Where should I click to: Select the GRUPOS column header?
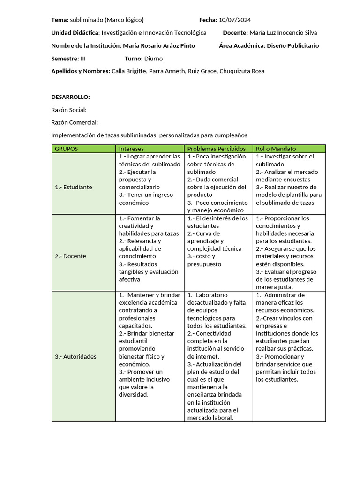[67, 149]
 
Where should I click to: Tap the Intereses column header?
[131, 149]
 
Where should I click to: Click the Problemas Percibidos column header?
[216, 149]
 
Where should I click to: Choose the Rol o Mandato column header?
[276, 149]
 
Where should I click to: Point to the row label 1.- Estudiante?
[74, 187]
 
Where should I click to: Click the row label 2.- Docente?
[71, 256]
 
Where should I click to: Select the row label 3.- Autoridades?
[75, 356]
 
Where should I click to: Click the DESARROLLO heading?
[70, 97]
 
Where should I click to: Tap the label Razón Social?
[69, 110]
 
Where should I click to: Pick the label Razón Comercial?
[75, 122]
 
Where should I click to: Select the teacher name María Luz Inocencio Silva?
[283, 33]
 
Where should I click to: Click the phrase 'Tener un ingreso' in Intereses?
[143, 195]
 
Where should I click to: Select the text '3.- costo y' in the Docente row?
[202, 256]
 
